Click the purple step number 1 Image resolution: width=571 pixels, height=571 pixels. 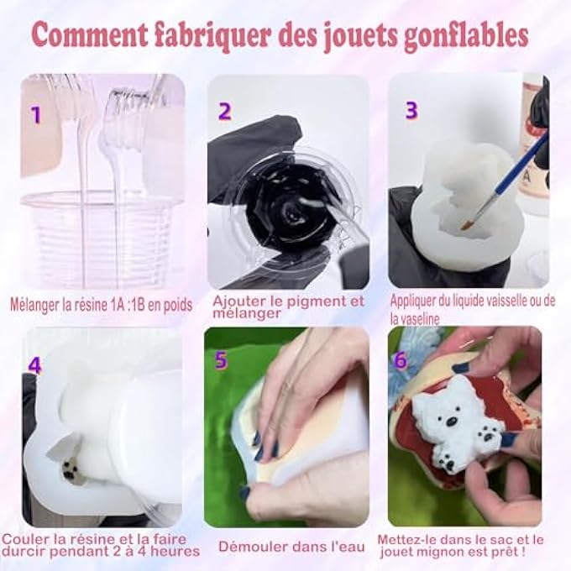[x=35, y=114]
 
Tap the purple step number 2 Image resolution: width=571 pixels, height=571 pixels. [x=225, y=111]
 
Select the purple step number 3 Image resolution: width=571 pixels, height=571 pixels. [x=411, y=110]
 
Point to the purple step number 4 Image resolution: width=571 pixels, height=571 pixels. [x=34, y=365]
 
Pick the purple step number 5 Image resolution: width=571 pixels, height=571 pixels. [x=221, y=360]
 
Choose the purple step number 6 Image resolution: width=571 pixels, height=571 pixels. [x=401, y=359]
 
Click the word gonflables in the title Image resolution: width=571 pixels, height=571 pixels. [x=466, y=36]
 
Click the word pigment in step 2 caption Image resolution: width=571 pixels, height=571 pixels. [x=304, y=301]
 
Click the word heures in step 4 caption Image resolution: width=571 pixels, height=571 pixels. [x=175, y=551]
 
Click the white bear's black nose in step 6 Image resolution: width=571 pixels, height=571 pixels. [x=451, y=422]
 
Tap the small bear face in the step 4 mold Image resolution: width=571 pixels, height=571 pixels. [x=71, y=469]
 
